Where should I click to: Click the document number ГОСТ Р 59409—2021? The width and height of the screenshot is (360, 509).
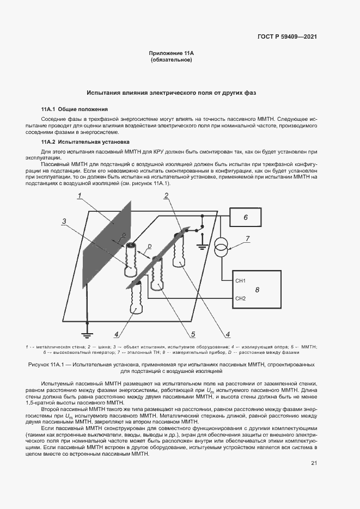[x=287, y=37]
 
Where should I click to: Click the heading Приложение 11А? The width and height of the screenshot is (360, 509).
[x=171, y=53]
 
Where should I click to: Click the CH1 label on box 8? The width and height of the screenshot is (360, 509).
[x=240, y=280]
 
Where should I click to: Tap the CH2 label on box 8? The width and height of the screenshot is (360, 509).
[x=240, y=298]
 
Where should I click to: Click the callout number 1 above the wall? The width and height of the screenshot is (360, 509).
[x=79, y=195]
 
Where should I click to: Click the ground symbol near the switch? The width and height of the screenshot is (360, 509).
[x=203, y=244]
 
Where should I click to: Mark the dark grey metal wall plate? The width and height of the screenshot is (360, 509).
[x=106, y=245]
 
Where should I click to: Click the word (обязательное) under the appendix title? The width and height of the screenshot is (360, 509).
[x=171, y=59]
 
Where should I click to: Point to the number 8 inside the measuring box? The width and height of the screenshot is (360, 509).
[x=258, y=290]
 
